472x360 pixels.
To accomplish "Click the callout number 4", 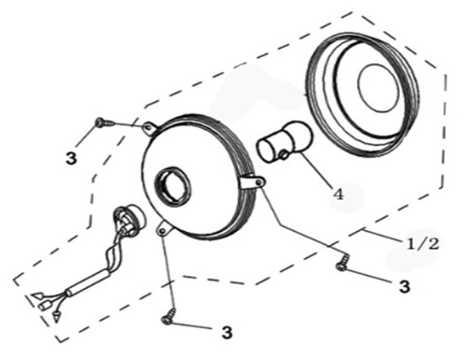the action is tap(338, 195).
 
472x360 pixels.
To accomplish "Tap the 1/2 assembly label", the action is tap(423, 244).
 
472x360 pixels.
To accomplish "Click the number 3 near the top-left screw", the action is tap(71, 158).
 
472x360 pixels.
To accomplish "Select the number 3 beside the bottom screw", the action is tap(227, 332).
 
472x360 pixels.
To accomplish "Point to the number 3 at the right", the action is tap(404, 287).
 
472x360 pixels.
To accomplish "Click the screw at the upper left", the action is tap(105, 122).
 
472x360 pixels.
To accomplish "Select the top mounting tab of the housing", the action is tap(149, 128).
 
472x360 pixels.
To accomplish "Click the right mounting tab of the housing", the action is tap(254, 183).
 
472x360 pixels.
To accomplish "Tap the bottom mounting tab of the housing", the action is tap(164, 229).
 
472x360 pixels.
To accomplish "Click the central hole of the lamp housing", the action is tap(172, 186).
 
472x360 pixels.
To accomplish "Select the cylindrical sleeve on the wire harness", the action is tap(89, 281).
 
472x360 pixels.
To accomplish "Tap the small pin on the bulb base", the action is tap(283, 155).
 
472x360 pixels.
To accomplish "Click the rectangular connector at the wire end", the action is tap(44, 305).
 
